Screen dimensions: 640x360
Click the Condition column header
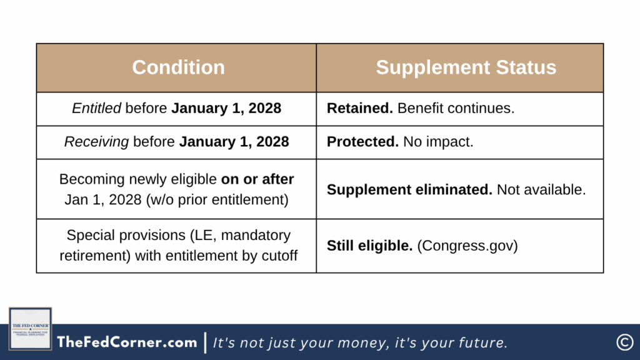[x=178, y=67]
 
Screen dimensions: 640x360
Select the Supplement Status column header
[x=466, y=67]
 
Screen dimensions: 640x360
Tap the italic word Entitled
[x=97, y=108]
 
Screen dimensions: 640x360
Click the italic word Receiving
[x=96, y=142]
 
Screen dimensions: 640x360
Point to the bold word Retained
[x=360, y=108]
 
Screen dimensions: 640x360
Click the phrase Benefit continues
[x=456, y=108]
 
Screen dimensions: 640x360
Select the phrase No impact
[x=438, y=142]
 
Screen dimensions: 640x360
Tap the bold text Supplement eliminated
[x=410, y=190]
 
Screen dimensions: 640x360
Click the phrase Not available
[x=541, y=190]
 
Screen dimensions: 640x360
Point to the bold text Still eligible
[x=370, y=246]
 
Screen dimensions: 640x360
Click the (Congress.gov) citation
[x=467, y=246]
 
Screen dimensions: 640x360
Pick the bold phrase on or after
[x=257, y=179]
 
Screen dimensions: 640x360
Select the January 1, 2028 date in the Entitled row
[x=226, y=108]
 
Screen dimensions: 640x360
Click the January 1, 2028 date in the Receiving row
[x=234, y=142]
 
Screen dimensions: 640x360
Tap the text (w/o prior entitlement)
[x=217, y=199]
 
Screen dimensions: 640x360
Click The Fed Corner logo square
[x=30, y=329]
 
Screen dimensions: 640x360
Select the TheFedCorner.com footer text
[x=127, y=342]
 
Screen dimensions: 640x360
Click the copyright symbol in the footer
[x=624, y=342]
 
